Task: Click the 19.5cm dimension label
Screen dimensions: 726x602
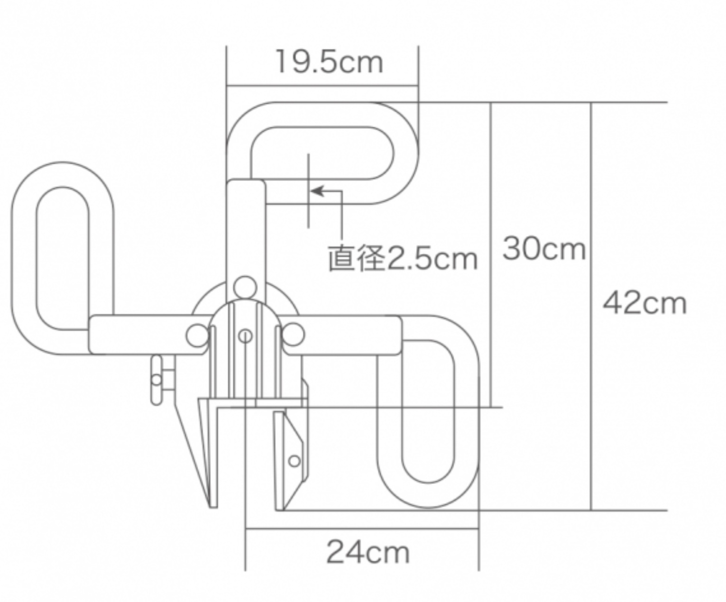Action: tap(329, 62)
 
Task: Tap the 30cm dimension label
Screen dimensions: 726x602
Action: tap(544, 248)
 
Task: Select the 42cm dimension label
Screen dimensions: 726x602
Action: tap(644, 303)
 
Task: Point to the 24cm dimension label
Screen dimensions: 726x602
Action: tap(368, 552)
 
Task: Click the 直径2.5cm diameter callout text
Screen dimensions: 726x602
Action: tap(403, 259)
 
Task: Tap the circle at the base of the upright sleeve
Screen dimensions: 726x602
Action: tap(245, 287)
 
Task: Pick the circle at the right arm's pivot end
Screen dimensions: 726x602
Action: tap(293, 335)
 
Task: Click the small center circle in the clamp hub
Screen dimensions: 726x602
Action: tap(245, 336)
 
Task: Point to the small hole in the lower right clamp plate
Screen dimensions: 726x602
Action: tap(294, 460)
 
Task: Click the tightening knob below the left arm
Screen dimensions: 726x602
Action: tap(156, 380)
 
